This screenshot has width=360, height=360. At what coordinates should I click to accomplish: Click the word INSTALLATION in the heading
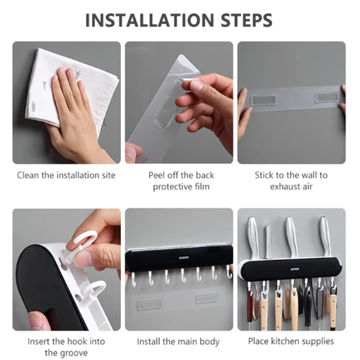click(150, 20)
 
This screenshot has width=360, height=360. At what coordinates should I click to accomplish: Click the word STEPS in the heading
click(246, 20)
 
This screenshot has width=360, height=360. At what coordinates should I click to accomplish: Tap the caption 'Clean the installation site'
click(66, 175)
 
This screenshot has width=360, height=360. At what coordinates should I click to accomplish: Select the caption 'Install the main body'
click(178, 342)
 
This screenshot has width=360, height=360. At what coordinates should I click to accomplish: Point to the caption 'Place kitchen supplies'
click(291, 341)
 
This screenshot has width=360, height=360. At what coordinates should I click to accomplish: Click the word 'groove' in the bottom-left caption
click(75, 354)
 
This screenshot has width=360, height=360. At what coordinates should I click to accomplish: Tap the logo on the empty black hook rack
click(184, 258)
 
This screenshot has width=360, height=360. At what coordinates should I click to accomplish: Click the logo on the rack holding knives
click(295, 269)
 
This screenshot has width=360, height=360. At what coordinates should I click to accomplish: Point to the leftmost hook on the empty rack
click(134, 279)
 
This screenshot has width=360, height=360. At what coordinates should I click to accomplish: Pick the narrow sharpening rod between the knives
click(268, 240)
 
